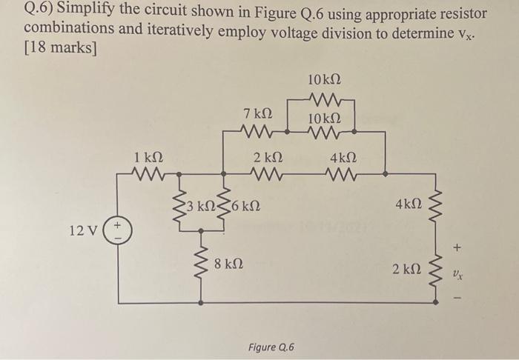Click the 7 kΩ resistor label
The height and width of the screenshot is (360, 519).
pyautogui.click(x=257, y=114)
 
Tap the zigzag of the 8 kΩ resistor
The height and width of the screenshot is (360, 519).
pyautogui.click(x=202, y=261)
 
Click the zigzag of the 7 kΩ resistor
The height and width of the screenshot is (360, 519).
pyautogui.click(x=256, y=133)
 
